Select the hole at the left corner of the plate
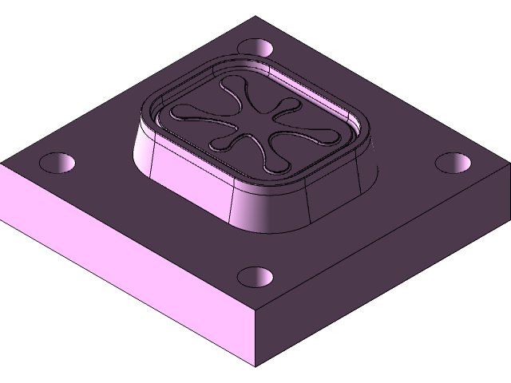pyautogui.click(x=57, y=164)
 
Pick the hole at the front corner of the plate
pyautogui.click(x=255, y=278)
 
